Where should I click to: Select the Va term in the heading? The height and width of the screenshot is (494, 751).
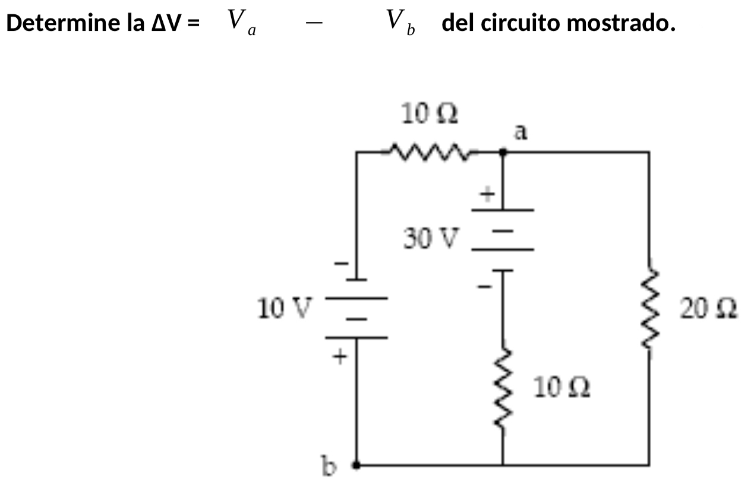coord(241,23)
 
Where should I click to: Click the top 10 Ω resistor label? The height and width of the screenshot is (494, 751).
coord(428,114)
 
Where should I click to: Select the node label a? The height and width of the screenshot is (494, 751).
coord(520,132)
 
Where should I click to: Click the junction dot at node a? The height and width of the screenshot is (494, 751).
coord(503,152)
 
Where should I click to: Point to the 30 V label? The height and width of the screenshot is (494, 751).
coord(431,239)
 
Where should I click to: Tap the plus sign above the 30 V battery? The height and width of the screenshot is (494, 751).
coord(487,194)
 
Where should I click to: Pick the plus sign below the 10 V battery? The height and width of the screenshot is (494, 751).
coord(340,357)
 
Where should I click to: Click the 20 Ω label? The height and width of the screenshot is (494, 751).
coord(709,309)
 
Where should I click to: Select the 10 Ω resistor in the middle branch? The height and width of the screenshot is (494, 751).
coord(503,389)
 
